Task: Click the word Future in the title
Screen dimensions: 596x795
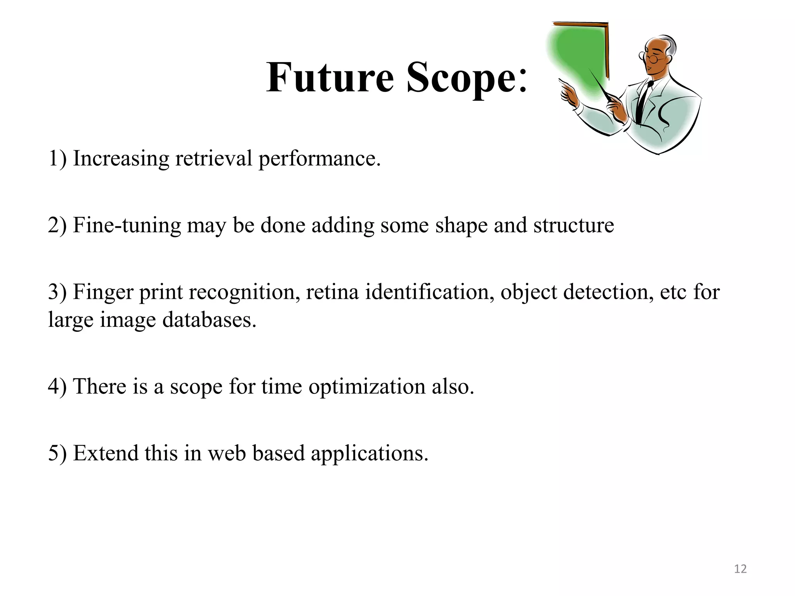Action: (330, 78)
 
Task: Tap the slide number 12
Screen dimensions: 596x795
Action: (740, 569)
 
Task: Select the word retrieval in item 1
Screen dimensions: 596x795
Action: (214, 159)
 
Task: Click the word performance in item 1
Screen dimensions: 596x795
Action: (319, 159)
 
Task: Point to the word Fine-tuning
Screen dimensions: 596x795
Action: (127, 225)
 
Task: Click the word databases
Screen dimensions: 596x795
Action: (209, 320)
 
